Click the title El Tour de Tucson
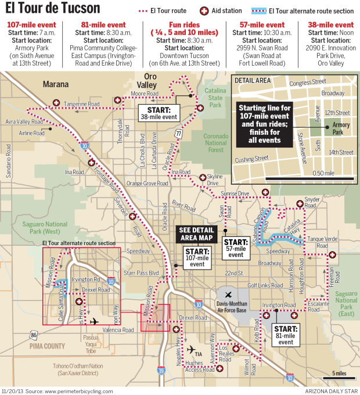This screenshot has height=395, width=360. click(52, 9)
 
